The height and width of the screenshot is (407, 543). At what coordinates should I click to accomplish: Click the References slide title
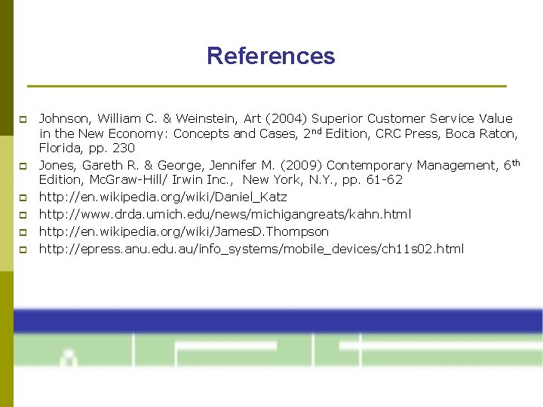pos(271,56)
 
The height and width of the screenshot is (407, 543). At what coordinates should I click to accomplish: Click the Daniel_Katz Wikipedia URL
pos(163,197)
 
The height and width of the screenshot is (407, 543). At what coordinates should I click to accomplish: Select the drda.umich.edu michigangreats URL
pos(225,214)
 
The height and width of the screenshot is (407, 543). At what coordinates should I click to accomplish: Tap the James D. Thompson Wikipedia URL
pos(184,231)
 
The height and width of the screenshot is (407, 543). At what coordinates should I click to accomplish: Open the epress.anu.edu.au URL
pos(251,249)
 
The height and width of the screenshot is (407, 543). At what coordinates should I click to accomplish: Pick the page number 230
pos(123,148)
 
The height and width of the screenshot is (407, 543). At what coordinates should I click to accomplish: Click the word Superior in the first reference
pos(337,118)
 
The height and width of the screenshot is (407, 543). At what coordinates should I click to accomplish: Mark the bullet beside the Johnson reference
pos(23,119)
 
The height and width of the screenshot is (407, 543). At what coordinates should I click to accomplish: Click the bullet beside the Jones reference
pos(23,166)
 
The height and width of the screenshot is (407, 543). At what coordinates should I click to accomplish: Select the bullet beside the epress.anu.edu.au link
pos(23,249)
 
